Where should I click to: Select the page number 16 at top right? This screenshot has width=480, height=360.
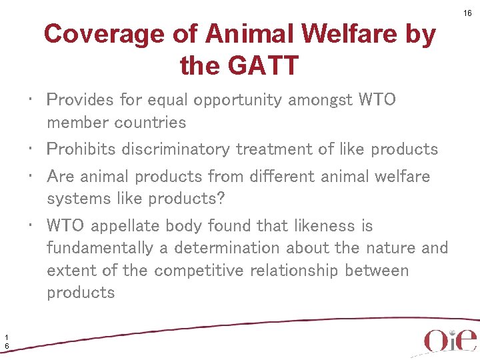click(x=468, y=13)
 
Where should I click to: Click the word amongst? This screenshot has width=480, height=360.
click(x=321, y=100)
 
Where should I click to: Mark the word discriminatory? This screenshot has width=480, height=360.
click(x=176, y=149)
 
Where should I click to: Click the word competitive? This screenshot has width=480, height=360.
click(x=201, y=271)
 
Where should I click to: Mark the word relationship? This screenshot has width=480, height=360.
click(x=301, y=271)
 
